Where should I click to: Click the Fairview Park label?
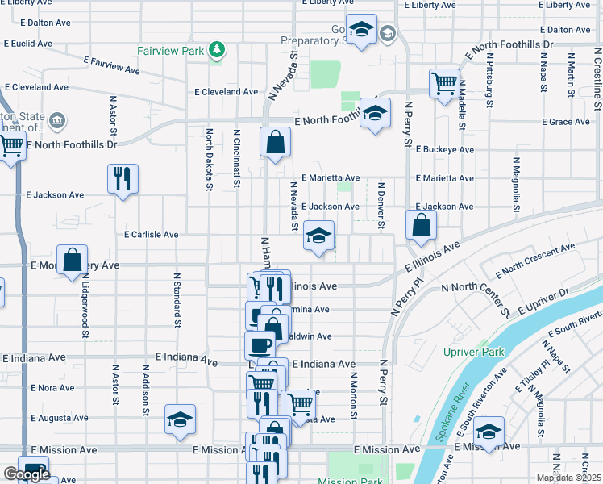(x=170, y=51)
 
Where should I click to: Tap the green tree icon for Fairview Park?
(x=216, y=51)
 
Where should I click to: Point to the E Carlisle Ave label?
(x=151, y=235)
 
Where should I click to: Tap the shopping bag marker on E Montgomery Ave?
(x=72, y=260)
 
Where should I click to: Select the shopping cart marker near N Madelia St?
(x=444, y=83)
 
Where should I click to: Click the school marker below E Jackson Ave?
(x=319, y=236)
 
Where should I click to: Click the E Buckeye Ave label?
(x=444, y=150)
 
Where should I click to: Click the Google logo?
(x=27, y=474)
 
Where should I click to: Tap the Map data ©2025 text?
(x=568, y=478)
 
